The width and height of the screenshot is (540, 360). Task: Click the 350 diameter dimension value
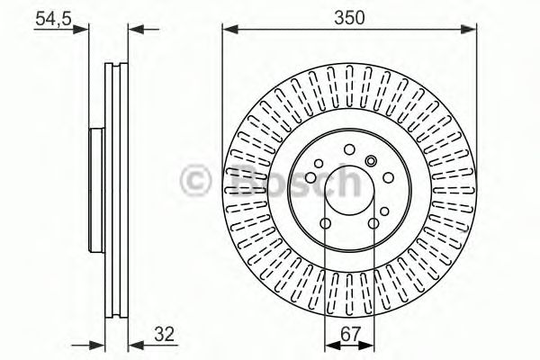[348, 17]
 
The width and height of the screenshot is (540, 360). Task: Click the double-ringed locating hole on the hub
[370, 160]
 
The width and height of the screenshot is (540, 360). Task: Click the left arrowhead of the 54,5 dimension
[85, 30]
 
